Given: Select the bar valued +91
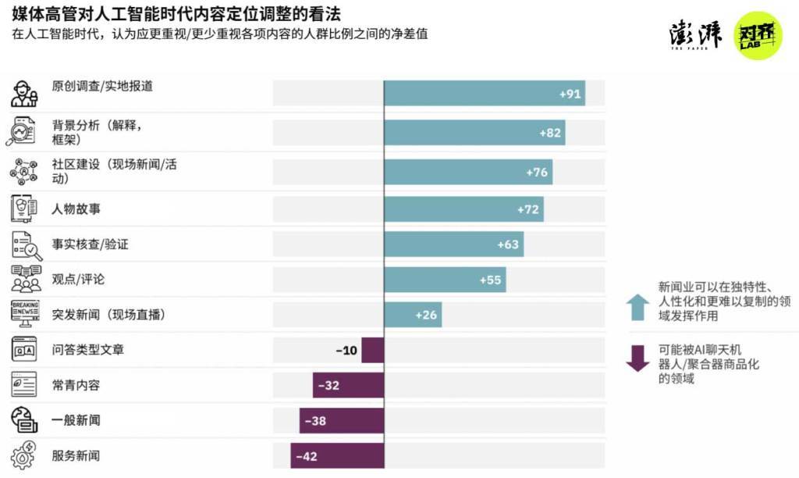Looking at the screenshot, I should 484,93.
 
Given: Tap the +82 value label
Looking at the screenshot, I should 550,133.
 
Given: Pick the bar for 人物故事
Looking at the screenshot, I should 463,209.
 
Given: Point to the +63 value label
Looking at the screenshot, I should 508,244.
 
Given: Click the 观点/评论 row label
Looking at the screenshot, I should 78,279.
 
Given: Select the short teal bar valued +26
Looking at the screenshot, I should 413,315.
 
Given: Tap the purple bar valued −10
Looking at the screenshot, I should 372,350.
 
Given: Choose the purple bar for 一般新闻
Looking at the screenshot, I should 342,420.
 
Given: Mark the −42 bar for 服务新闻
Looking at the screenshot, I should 337,456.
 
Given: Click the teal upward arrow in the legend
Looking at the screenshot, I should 637,307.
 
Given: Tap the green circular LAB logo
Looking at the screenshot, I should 758,35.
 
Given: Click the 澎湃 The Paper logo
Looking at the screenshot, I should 695,35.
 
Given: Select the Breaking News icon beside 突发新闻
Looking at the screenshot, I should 25,314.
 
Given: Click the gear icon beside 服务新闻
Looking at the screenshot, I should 24,455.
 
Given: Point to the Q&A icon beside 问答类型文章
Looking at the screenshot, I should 24,350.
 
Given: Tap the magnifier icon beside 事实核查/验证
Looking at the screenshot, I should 25,244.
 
